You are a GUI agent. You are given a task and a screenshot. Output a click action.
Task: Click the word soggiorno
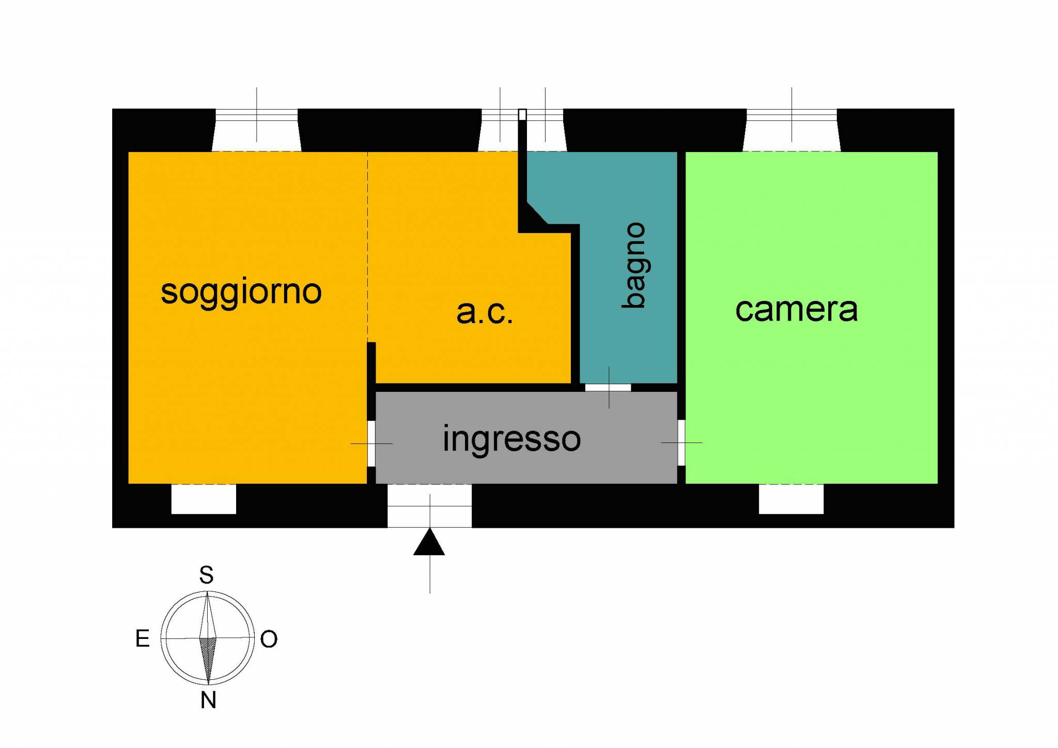pos(241,292)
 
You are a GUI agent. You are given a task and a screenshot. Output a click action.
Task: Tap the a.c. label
pos(485,312)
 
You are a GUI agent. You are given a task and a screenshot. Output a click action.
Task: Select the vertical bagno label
pos(634,266)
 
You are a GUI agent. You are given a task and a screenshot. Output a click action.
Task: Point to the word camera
pos(796,309)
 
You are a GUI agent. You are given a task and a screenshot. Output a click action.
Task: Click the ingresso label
pos(511,439)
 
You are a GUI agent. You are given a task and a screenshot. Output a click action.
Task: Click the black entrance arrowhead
pos(429,543)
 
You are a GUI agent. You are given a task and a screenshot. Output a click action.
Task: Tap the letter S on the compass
pos(207,575)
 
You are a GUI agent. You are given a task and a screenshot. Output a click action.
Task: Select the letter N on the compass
pos(208,700)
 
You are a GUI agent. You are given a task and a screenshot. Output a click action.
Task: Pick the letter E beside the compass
pos(143,639)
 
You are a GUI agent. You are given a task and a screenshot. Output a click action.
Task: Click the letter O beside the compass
pos(269,639)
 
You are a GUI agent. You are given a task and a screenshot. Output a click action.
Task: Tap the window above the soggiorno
pos(257,129)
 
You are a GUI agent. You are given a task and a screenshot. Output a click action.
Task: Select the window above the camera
pos(791,129)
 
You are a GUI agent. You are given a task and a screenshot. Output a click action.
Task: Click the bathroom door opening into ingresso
pos(608,388)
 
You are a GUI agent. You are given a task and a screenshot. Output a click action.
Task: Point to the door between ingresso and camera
pos(681,442)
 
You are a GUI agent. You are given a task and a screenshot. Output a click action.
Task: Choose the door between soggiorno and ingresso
pos(371,444)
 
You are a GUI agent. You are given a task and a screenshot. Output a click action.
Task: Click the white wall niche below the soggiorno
pos(204,499)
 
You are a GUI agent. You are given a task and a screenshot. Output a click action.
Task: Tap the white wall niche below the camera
pos(791,499)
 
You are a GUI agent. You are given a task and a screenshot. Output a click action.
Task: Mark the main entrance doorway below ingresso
pos(429,506)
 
